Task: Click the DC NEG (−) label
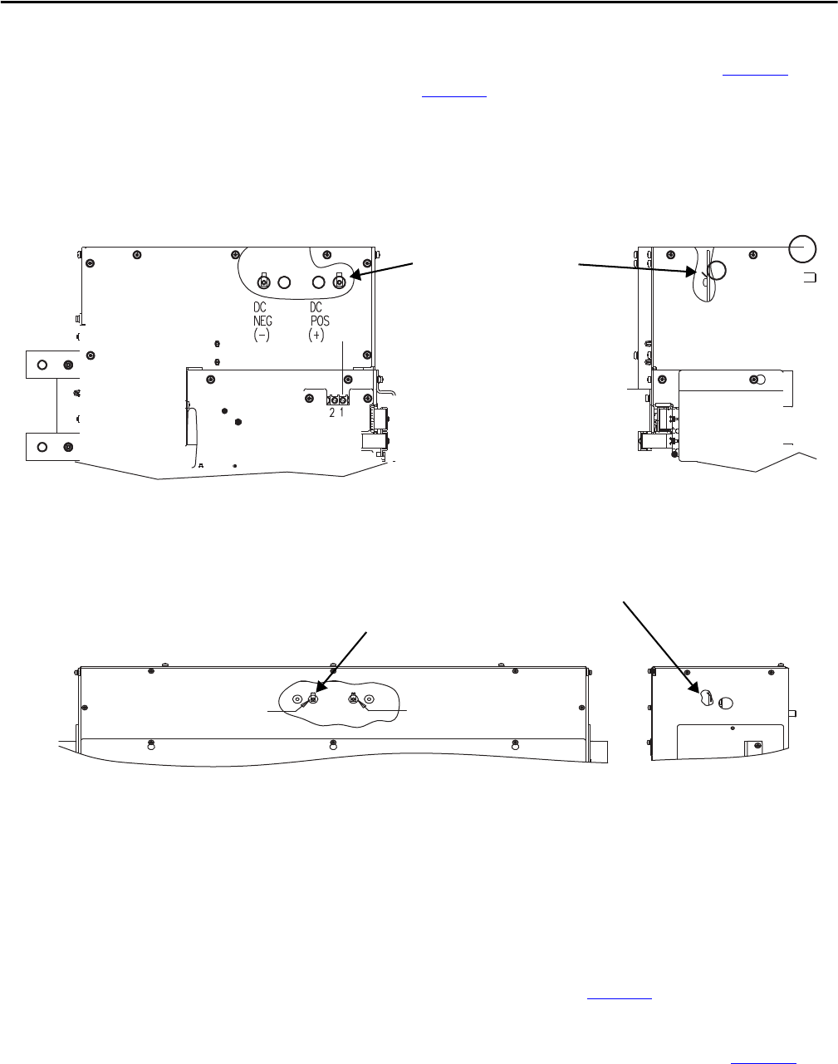tap(262, 321)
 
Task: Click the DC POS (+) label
tap(318, 321)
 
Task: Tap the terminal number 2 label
tap(332, 412)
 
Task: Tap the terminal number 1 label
tap(341, 412)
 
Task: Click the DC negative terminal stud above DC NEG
tap(264, 282)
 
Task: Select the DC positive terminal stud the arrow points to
tap(339, 282)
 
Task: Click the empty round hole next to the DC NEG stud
tap(284, 282)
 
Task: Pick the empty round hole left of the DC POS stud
tap(319, 282)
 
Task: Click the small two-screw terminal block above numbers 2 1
tap(338, 399)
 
